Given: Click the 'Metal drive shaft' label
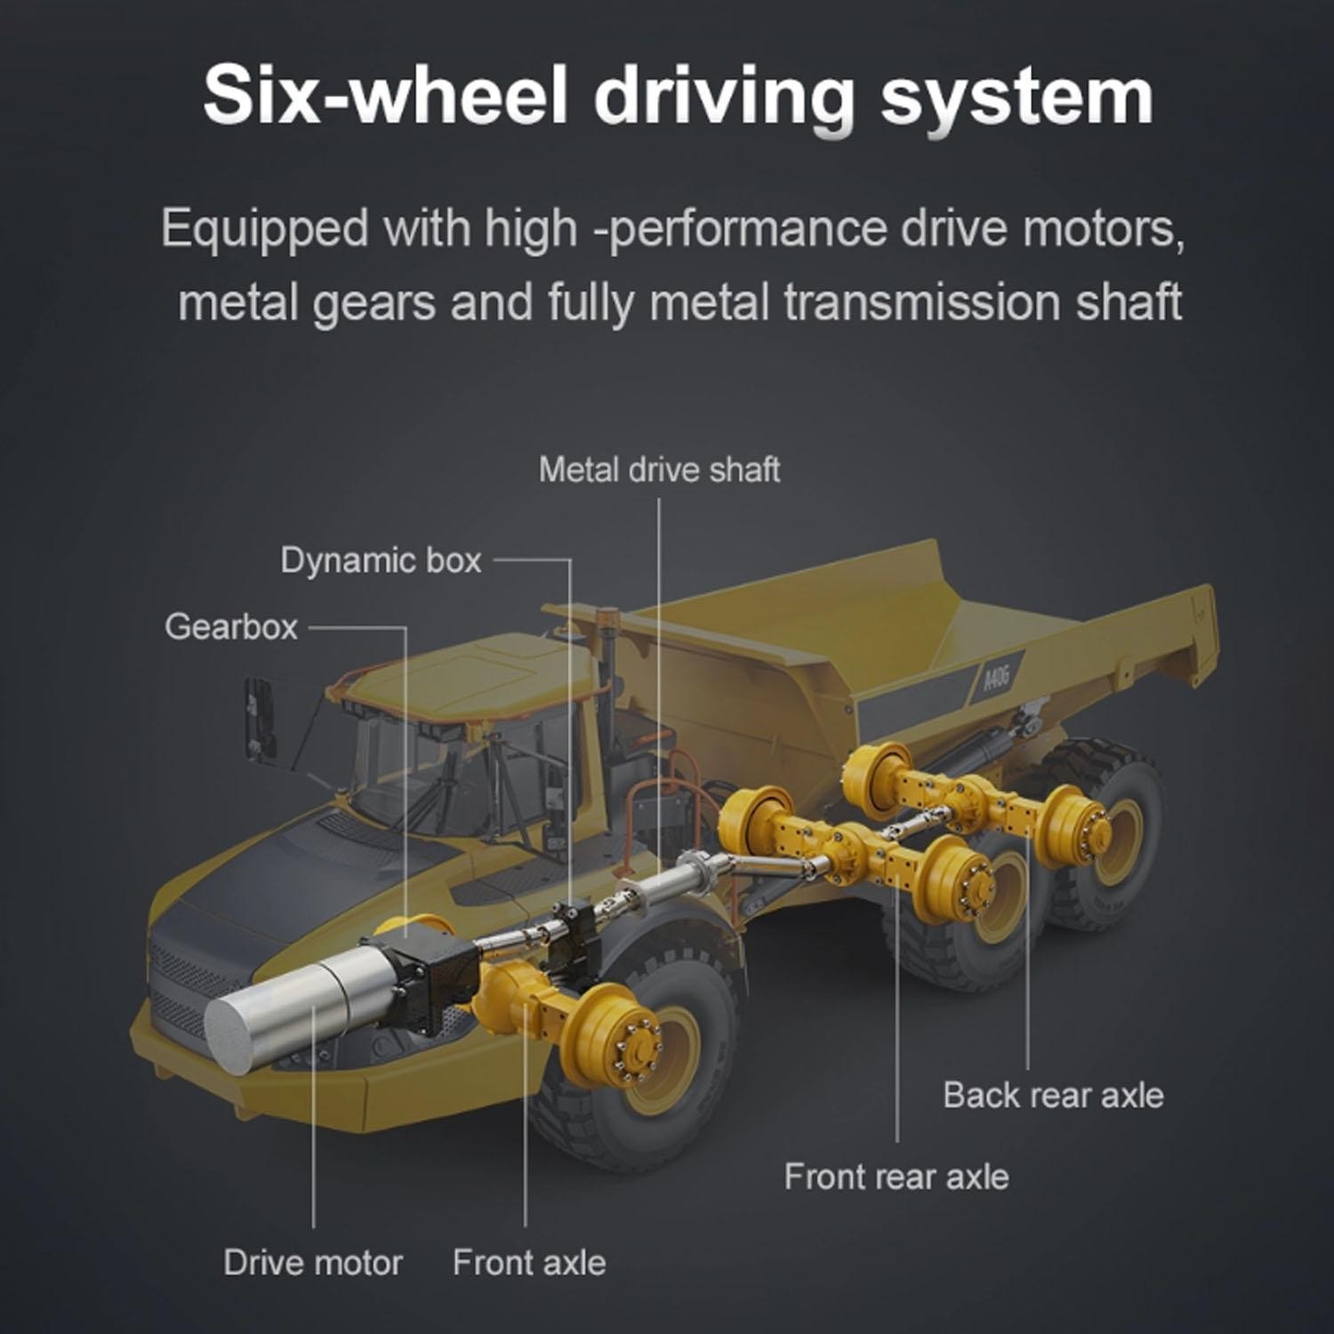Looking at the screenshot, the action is tap(659, 470).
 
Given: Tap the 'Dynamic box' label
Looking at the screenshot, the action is tap(381, 560).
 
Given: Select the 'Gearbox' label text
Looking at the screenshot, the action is tap(231, 627).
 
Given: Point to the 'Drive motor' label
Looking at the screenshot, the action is tap(313, 1263).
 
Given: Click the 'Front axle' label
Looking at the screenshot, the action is tap(529, 1263).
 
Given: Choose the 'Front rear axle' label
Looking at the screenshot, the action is tap(896, 1177).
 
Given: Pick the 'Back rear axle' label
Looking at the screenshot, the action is tap(1053, 1095).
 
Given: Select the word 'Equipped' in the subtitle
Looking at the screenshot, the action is tap(264, 229).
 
